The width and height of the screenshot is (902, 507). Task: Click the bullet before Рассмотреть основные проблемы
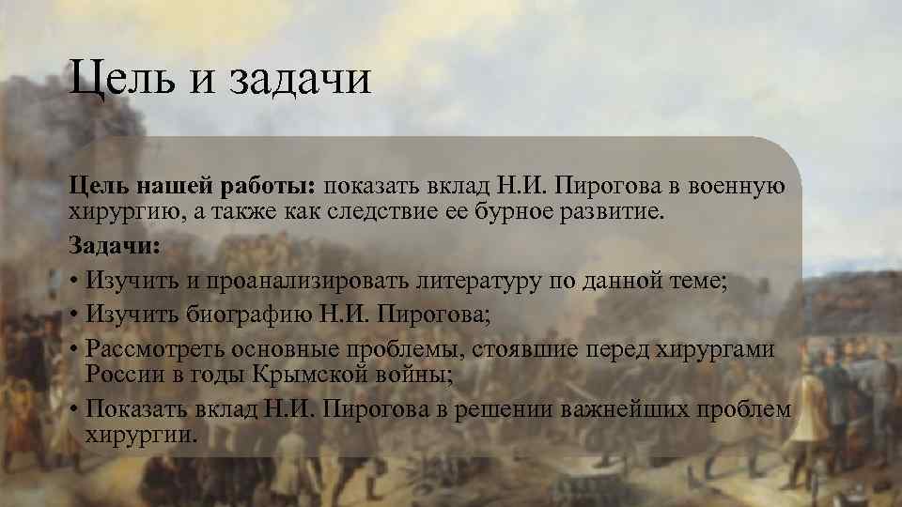click(73, 348)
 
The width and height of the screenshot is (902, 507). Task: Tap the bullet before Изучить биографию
click(73, 315)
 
